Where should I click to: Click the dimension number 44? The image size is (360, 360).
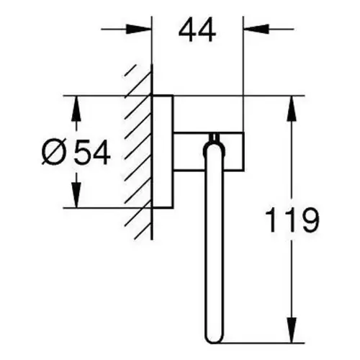coord(197,30)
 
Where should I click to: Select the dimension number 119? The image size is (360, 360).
coord(292,220)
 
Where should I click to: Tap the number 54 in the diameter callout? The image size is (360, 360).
coord(92,152)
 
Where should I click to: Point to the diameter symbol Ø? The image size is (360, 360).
coord(53,152)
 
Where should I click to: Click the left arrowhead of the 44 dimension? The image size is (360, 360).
coord(139,30)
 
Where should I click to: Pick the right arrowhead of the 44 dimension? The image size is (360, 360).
coord(256,30)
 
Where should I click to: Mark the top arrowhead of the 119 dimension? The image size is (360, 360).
coord(292,109)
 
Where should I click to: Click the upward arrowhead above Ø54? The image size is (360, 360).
coord(76,109)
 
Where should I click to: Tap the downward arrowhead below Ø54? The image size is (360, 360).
coord(76,194)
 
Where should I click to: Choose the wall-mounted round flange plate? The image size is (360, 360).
coord(163,151)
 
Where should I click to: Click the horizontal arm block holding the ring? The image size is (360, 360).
coord(208,151)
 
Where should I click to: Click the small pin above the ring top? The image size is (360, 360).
coord(214,138)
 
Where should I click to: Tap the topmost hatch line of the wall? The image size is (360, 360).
coord(130,70)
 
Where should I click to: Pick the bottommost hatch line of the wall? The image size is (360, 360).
coord(143,231)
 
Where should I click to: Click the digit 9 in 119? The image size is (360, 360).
coord(310,220)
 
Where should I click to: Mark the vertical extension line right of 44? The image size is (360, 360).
coord(243,74)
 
